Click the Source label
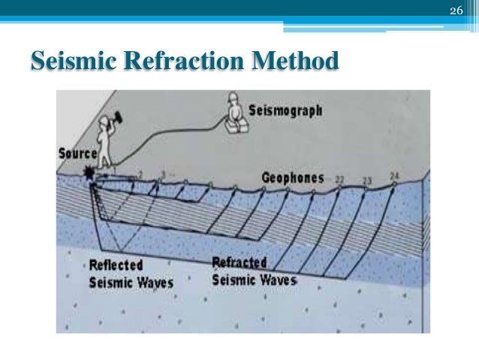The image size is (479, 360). (77, 153)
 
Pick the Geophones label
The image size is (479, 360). (293, 178)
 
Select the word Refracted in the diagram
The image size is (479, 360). (242, 262)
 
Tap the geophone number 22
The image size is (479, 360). (339, 180)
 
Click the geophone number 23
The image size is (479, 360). (367, 180)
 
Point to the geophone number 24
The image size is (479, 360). (395, 177)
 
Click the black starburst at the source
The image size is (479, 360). (92, 174)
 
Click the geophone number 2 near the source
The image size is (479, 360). (139, 174)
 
